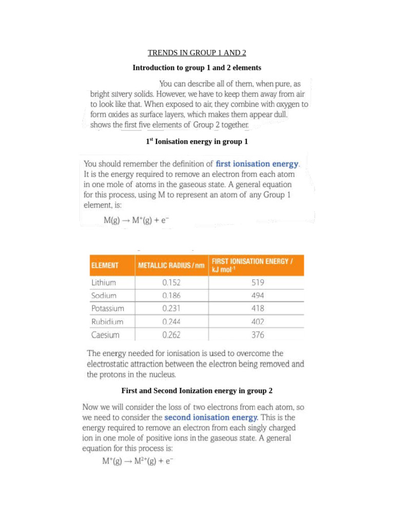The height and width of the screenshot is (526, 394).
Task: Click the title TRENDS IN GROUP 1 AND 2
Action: click(197, 53)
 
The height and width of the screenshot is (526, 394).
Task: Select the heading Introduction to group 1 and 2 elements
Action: click(197, 68)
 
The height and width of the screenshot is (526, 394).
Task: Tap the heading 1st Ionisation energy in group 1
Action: click(197, 141)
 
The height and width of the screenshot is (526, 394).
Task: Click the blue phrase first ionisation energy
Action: click(257, 164)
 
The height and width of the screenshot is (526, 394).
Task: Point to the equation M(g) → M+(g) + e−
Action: click(136, 220)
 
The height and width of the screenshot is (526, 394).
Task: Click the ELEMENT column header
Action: click(105, 266)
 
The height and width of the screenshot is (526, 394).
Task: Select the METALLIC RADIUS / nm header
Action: click(171, 266)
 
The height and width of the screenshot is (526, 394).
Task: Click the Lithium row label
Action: click(104, 282)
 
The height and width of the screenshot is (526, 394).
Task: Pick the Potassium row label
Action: click(107, 309)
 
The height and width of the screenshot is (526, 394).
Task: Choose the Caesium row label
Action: click(105, 335)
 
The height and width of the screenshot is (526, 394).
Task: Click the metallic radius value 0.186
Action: click(171, 295)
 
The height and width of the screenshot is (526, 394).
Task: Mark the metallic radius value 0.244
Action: click(171, 322)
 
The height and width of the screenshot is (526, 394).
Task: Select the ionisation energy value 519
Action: click(258, 282)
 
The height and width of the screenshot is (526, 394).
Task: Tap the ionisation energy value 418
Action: click(258, 309)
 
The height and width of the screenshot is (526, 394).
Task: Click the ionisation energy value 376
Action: click(258, 335)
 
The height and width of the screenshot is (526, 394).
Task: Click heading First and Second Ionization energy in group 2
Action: click(197, 391)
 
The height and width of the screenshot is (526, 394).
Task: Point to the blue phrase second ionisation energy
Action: click(211, 417)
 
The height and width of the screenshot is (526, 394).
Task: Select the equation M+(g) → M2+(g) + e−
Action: click(137, 461)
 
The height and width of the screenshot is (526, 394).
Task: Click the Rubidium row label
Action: click(107, 322)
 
